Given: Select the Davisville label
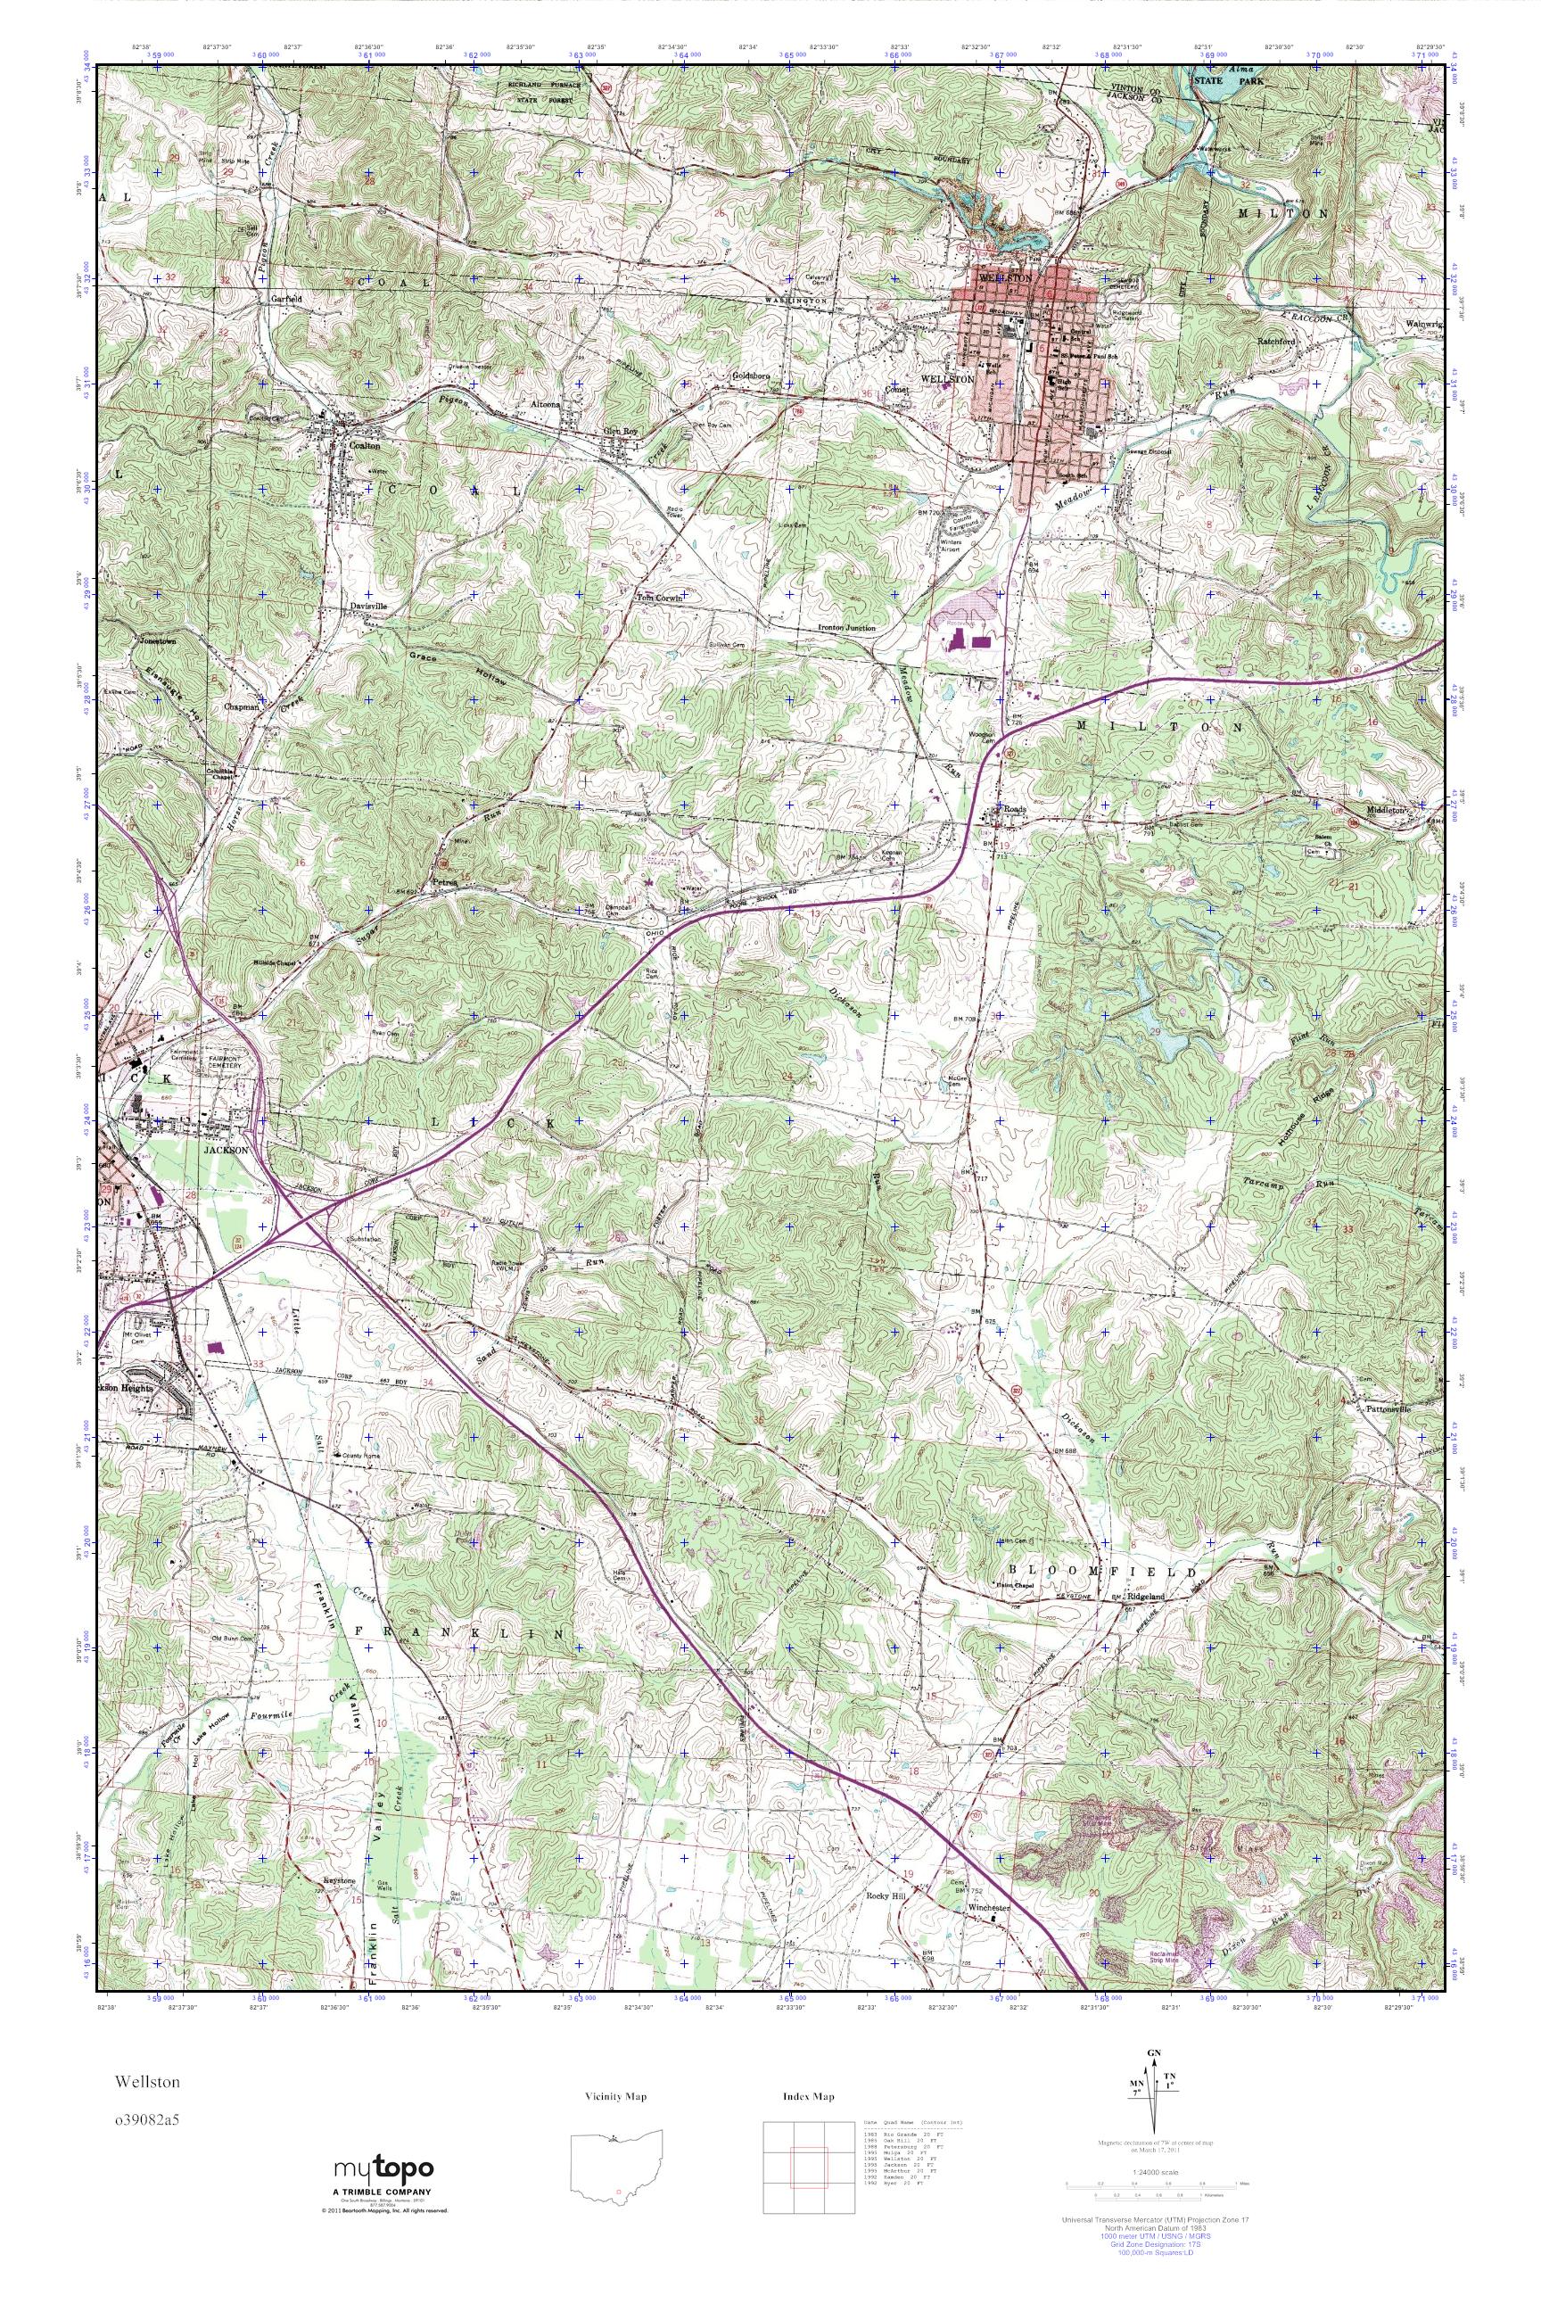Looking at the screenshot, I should [x=369, y=607].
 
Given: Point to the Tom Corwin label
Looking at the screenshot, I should [x=658, y=597].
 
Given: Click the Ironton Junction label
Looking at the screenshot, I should [x=847, y=627].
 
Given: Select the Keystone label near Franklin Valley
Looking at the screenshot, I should [x=339, y=1878].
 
